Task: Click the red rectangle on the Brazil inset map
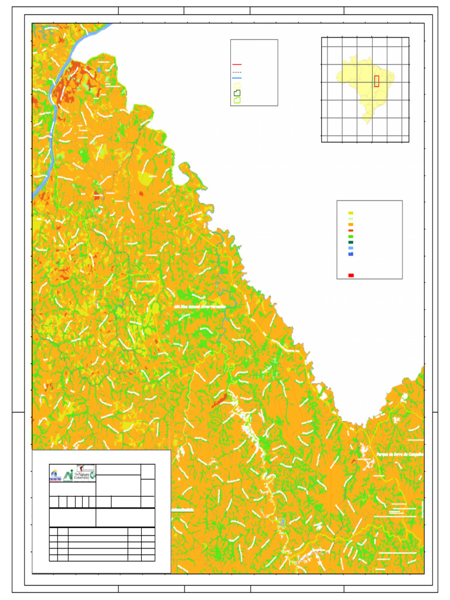pyautogui.click(x=377, y=81)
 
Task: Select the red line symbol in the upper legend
pyautogui.click(x=237, y=65)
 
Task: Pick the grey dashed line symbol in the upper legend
pyautogui.click(x=237, y=71)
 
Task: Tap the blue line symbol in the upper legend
pyautogui.click(x=237, y=78)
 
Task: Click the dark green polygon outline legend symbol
pyautogui.click(x=237, y=93)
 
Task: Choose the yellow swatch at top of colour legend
pyautogui.click(x=350, y=213)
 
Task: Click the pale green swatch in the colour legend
pyautogui.click(x=350, y=219)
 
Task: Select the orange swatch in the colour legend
pyautogui.click(x=350, y=225)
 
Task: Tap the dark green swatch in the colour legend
pyautogui.click(x=350, y=243)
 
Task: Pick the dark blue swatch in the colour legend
pyautogui.click(x=350, y=254)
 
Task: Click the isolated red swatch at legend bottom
pyautogui.click(x=350, y=275)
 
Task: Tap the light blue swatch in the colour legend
pyautogui.click(x=350, y=248)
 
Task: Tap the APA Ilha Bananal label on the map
pyautogui.click(x=200, y=306)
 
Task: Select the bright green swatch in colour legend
pyautogui.click(x=350, y=237)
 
